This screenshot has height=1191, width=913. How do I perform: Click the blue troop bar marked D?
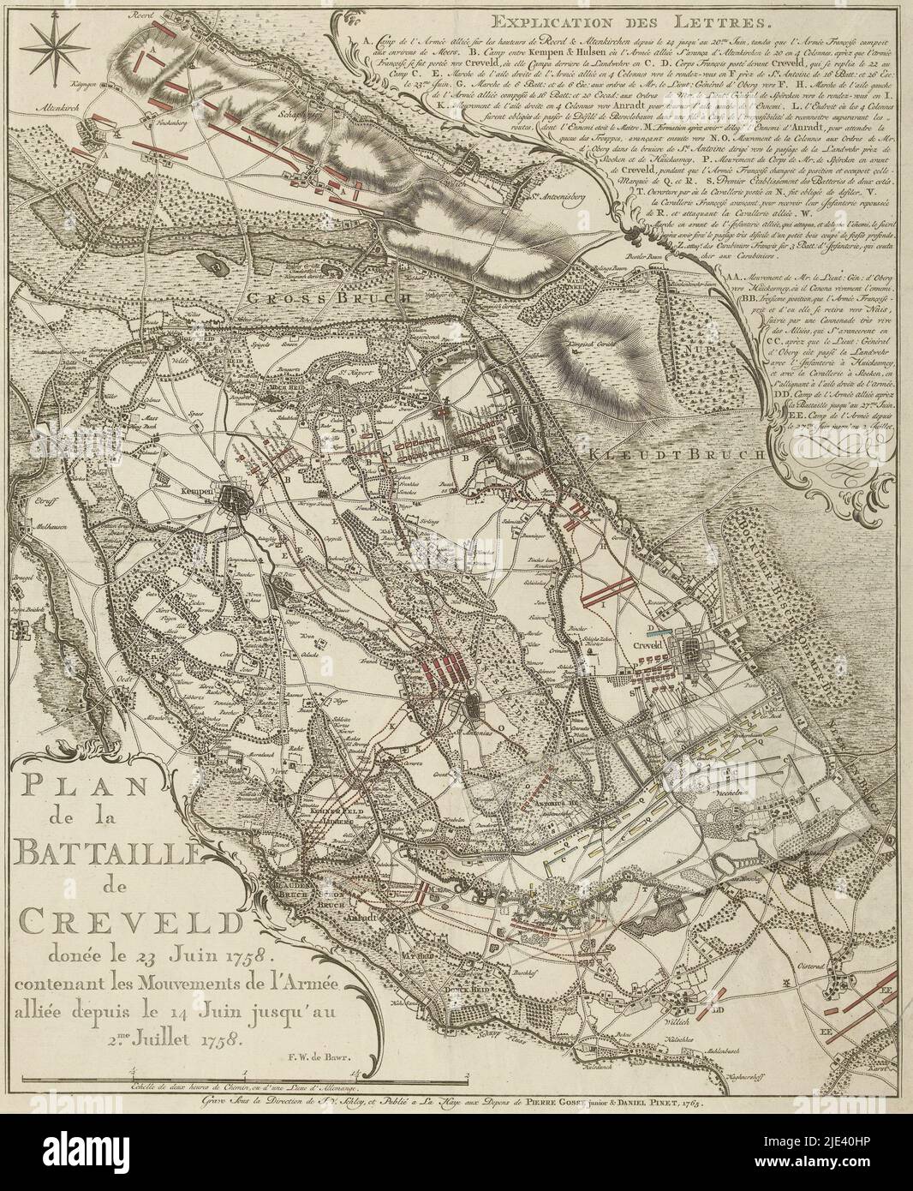660,613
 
